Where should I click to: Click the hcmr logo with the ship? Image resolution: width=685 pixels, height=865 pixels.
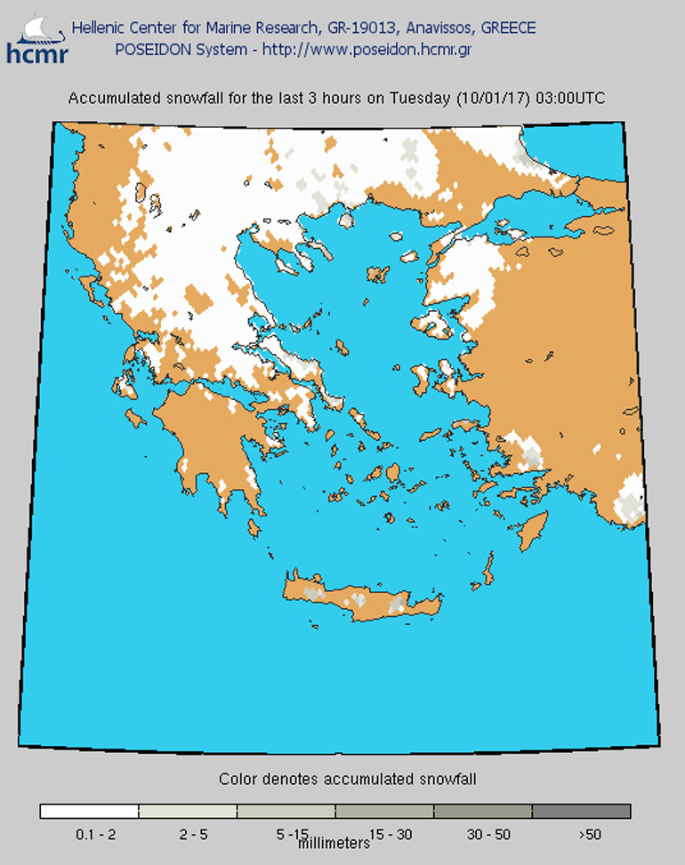tap(34, 40)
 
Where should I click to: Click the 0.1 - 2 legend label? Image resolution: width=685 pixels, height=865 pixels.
tap(89, 834)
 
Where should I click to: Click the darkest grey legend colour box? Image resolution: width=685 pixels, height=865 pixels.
tap(582, 811)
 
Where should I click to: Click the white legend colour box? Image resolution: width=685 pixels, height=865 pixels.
tap(89, 811)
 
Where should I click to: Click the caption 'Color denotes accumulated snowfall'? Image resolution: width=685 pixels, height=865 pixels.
tap(348, 780)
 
